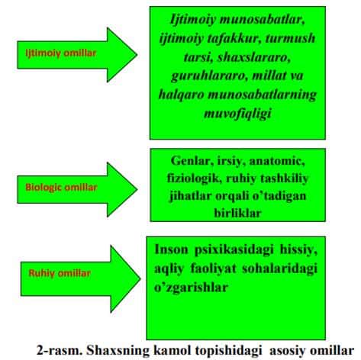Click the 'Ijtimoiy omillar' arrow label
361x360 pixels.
click(x=61, y=53)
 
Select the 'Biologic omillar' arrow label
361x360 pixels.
click(x=61, y=188)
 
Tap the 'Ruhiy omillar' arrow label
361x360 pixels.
click(x=60, y=274)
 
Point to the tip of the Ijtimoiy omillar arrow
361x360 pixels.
click(x=137, y=54)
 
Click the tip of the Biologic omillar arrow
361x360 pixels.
click(x=137, y=189)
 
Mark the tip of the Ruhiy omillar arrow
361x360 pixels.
click(x=140, y=278)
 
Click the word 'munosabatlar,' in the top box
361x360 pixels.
click(x=262, y=20)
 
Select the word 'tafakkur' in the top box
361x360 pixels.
click(x=233, y=38)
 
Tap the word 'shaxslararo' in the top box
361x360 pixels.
click(x=253, y=57)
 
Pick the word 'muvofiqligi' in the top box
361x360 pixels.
click(x=237, y=114)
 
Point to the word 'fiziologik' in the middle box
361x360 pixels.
click(x=193, y=178)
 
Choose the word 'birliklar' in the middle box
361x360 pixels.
click(x=237, y=213)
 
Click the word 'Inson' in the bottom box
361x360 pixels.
click(x=171, y=249)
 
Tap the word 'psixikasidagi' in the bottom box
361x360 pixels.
click(x=234, y=249)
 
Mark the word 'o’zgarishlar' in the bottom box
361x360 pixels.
click(x=191, y=288)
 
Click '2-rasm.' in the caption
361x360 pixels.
click(x=60, y=350)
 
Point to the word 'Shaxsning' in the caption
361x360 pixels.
click(x=118, y=351)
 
